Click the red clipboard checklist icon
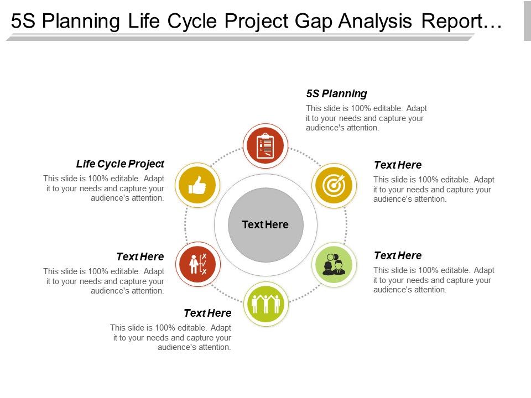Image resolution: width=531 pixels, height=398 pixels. click(x=265, y=146)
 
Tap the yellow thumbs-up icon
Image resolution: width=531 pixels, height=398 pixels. click(x=197, y=185)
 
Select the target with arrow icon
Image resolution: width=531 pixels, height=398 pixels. click(x=334, y=185)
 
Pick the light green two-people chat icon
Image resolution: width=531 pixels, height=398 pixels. click(x=334, y=264)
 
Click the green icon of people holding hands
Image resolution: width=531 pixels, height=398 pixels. click(x=266, y=303)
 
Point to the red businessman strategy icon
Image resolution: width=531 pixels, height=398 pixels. click(x=198, y=264)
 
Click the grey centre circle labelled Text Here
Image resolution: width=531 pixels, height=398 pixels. click(x=265, y=225)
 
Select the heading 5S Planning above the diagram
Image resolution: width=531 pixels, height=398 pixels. click(x=337, y=94)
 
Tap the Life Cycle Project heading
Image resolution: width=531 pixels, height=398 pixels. click(x=120, y=164)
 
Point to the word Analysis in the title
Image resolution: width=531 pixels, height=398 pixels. click(x=375, y=22)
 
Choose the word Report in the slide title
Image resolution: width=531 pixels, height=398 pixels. click(x=452, y=21)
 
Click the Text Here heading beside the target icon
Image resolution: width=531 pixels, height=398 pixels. click(x=398, y=165)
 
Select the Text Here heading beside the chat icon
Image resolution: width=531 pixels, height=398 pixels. click(x=398, y=255)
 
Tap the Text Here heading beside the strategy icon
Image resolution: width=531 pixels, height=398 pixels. click(x=140, y=257)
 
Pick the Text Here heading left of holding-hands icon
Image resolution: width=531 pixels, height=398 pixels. click(x=207, y=313)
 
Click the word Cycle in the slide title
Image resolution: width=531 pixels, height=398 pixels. click(x=192, y=22)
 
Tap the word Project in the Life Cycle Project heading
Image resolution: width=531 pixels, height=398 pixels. click(x=146, y=164)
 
